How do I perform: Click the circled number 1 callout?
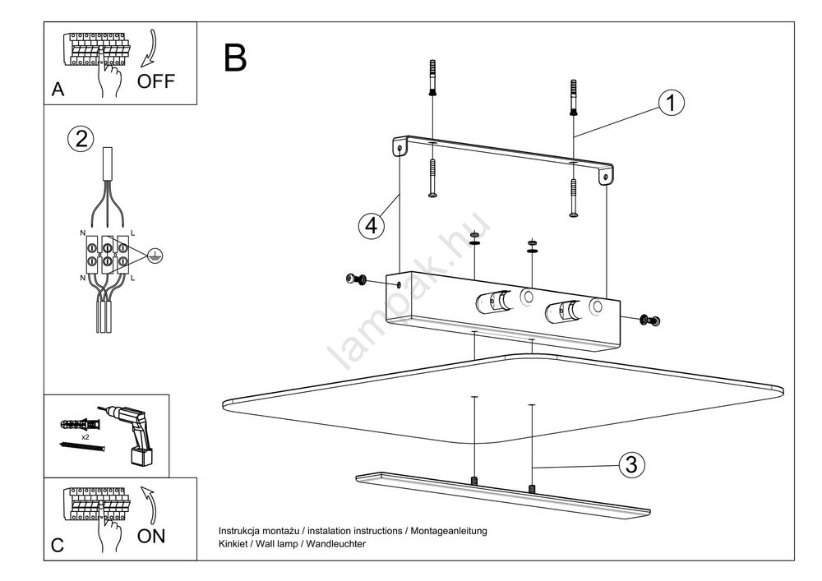(x=671, y=103)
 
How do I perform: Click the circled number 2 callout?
(x=80, y=138)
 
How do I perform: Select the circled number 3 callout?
(x=630, y=464)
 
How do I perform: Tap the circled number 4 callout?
(x=372, y=224)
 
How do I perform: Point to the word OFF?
(x=156, y=81)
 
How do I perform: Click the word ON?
(x=151, y=537)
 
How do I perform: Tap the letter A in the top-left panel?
(x=58, y=90)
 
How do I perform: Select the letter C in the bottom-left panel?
(x=58, y=545)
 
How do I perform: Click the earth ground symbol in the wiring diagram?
(x=152, y=256)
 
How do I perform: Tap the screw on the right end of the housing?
(x=650, y=319)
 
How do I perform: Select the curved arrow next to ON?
(x=148, y=503)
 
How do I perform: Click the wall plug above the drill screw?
(x=80, y=425)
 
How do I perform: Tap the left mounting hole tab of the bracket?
(x=400, y=148)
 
